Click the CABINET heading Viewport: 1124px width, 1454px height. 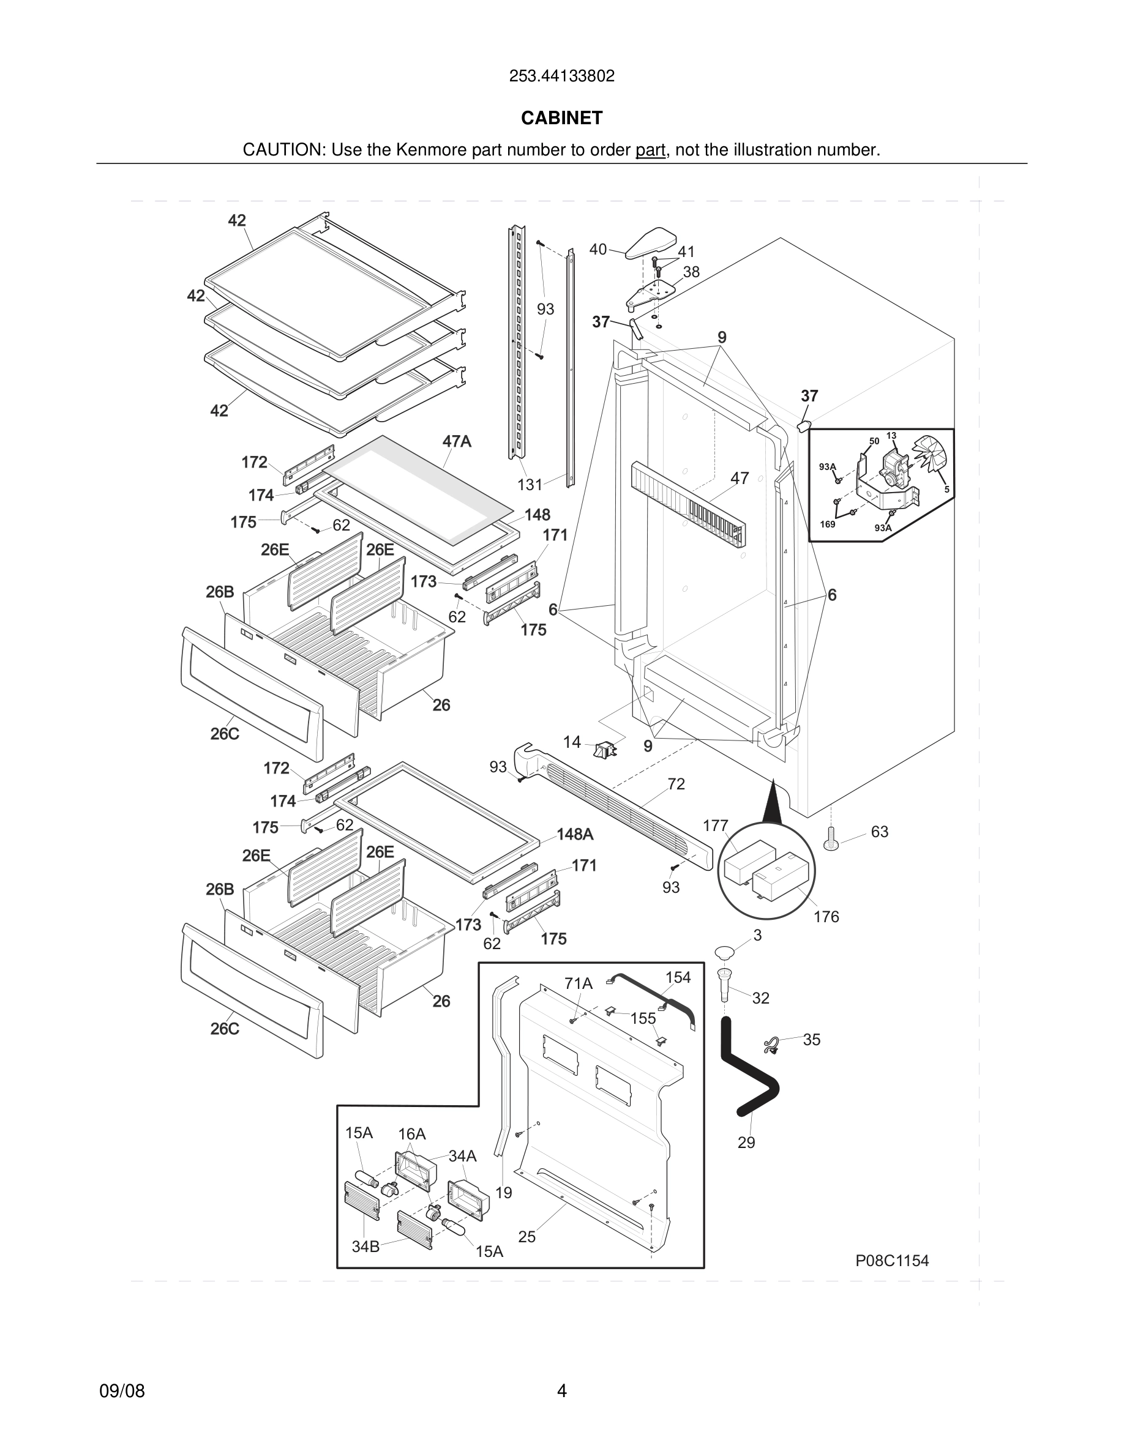coord(561,118)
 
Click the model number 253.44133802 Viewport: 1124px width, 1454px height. coord(561,76)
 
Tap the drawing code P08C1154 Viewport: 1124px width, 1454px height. coord(891,1260)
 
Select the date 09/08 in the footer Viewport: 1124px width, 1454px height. coord(122,1391)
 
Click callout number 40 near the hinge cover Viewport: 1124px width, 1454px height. coord(598,249)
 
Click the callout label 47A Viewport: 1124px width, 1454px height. coord(457,441)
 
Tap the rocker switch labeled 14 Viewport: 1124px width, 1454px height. coord(605,751)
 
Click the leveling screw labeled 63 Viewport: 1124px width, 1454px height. coord(830,841)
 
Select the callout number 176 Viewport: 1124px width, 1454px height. coord(826,917)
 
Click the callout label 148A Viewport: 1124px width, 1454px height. coord(574,835)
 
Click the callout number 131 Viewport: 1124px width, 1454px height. coord(530,485)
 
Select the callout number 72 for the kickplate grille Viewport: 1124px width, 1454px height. coord(676,785)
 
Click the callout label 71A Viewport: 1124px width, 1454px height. coord(578,983)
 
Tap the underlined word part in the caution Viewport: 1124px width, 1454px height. coord(650,150)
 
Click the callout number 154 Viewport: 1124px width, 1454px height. coord(678,977)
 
